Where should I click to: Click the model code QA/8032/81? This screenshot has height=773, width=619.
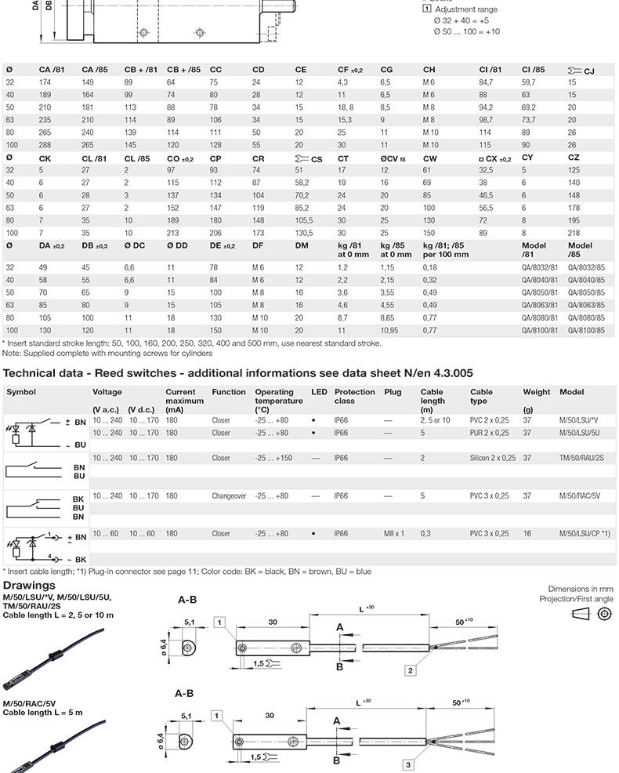click(539, 268)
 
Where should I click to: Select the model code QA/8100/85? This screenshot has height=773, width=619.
click(585, 331)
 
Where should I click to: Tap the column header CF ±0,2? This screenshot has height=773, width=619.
click(349, 70)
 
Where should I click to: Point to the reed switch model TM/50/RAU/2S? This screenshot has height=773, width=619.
click(581, 458)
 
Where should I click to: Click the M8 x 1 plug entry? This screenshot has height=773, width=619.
click(393, 533)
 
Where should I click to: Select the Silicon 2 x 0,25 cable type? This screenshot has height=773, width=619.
click(493, 458)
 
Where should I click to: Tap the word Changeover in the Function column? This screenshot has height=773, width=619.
click(229, 495)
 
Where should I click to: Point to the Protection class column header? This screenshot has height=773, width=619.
click(355, 396)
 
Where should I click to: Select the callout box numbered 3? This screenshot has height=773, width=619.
click(409, 764)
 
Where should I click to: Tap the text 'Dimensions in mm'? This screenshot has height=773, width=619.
click(581, 589)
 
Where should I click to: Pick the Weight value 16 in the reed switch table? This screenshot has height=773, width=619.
click(527, 533)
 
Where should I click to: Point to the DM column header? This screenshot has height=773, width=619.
click(302, 246)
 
